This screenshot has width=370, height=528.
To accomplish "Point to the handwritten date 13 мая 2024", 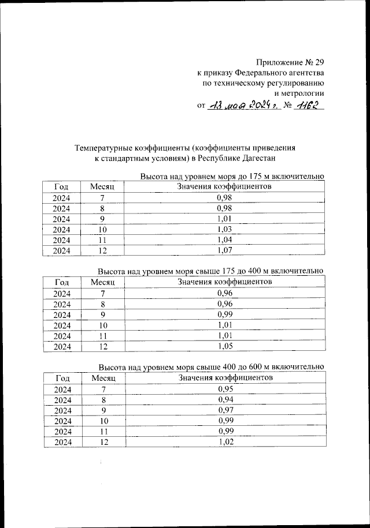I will point(243,106).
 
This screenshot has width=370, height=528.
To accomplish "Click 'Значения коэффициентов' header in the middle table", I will point(225,282).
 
